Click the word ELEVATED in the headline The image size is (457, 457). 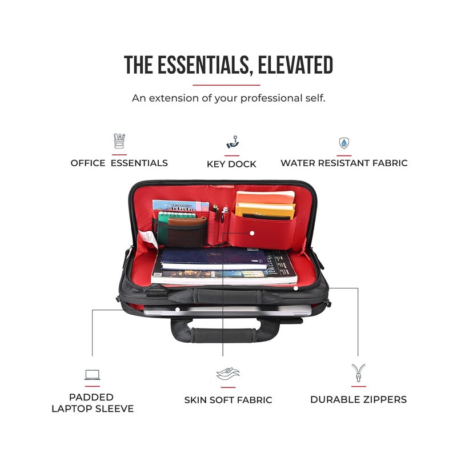click(295, 65)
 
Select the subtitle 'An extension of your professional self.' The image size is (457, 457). click(228, 98)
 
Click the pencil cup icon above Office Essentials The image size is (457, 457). click(119, 141)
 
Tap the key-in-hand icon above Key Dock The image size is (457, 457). click(232, 142)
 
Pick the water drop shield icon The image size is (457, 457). click(344, 143)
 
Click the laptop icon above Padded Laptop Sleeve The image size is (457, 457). click(93, 375)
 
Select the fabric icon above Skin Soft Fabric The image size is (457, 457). click(228, 374)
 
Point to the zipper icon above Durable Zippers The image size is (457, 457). click(358, 373)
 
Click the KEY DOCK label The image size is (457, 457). click(231, 164)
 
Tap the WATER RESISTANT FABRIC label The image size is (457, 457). click(344, 163)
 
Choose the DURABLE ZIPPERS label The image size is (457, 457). click(359, 399)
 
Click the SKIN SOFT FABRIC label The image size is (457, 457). click(228, 400)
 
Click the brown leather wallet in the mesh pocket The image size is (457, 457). click(187, 222)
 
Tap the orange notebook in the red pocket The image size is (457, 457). click(265, 198)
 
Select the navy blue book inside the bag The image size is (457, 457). click(214, 258)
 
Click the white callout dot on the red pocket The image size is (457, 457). click(252, 233)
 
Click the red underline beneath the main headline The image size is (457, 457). click(226, 85)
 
